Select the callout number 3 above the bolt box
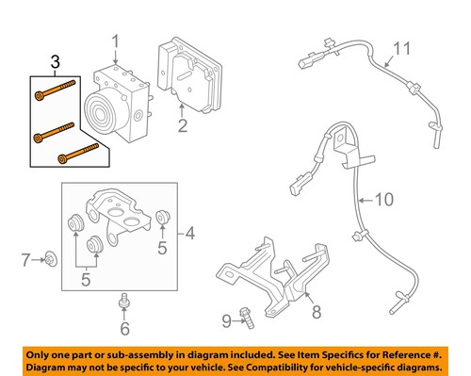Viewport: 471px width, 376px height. (x=55, y=64)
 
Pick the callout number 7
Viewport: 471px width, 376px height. (x=27, y=257)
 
